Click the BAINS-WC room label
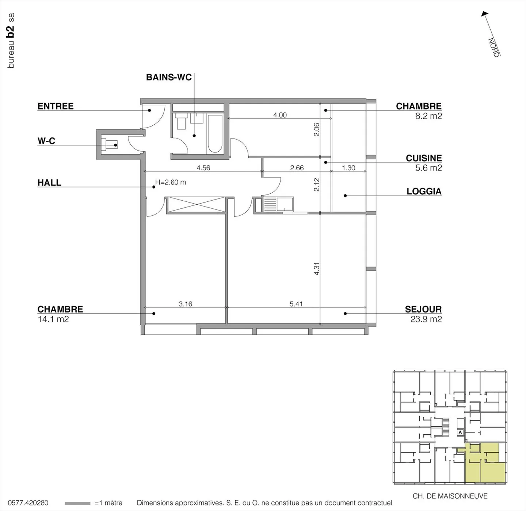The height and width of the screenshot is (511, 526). pos(168,77)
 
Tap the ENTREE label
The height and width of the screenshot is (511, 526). pos(56,106)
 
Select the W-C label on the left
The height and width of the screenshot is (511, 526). pos(46,141)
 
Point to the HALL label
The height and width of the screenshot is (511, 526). pos(49,182)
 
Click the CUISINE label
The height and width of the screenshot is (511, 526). pos(424,158)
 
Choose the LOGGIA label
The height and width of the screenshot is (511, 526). pos(424,191)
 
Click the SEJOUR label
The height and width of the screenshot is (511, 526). pos(423,309)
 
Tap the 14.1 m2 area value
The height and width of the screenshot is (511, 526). pos(53,319)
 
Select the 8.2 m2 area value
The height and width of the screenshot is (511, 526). pos(428,116)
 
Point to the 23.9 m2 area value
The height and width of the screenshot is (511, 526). pos(426,319)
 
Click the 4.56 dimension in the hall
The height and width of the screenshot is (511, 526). pos(203,168)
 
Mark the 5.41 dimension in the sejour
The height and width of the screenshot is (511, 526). pos(296,304)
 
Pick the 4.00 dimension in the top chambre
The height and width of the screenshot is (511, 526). pos(280,115)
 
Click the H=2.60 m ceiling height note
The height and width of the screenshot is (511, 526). pos(171,182)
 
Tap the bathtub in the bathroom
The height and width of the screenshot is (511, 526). pos(215,134)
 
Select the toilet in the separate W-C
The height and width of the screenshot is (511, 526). pos(109,145)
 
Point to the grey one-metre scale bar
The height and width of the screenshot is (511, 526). pos(77,503)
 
